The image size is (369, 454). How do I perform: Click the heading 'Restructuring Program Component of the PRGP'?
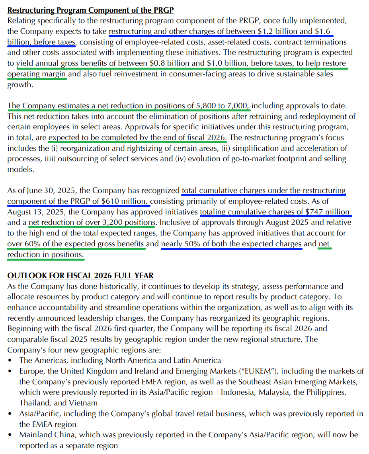(90, 10)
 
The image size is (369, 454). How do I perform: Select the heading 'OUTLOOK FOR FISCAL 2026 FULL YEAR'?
(80, 276)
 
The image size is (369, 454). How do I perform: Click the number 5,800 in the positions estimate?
(207, 105)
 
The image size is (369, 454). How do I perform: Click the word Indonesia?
(254, 392)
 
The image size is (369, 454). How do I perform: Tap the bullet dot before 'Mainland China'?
(10, 435)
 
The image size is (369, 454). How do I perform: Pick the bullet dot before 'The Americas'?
(10, 360)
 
